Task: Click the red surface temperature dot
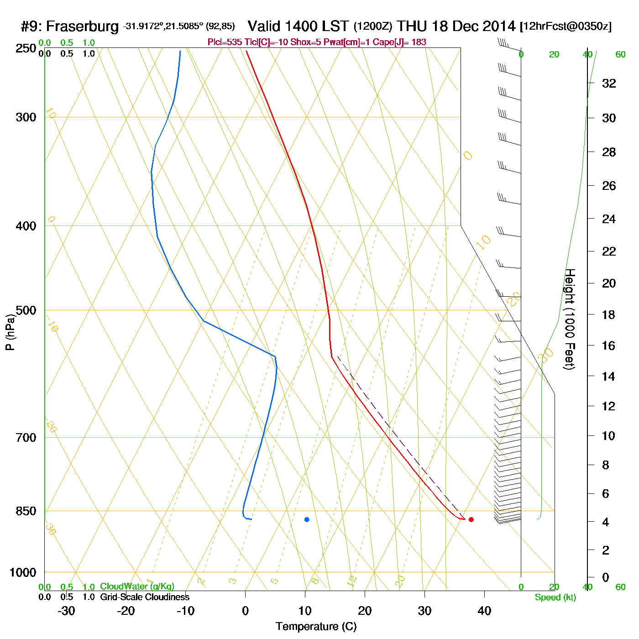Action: tap(471, 519)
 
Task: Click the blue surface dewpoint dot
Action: tap(307, 519)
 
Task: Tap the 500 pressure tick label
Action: tap(26, 310)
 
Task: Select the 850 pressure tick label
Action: tap(26, 511)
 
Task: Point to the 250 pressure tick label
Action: tap(26, 48)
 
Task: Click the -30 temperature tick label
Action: tap(66, 611)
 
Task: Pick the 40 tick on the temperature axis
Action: tap(484, 611)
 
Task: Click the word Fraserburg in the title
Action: tap(82, 26)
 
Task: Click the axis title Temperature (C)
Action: tap(316, 627)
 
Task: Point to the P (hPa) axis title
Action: tap(10, 332)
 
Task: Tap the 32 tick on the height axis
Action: tap(609, 84)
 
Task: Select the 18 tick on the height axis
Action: tap(609, 314)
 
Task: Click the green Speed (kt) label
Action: tap(555, 597)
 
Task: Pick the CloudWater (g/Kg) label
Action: tap(137, 587)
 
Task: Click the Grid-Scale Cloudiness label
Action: tap(145, 597)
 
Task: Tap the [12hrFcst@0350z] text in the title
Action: tap(566, 26)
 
